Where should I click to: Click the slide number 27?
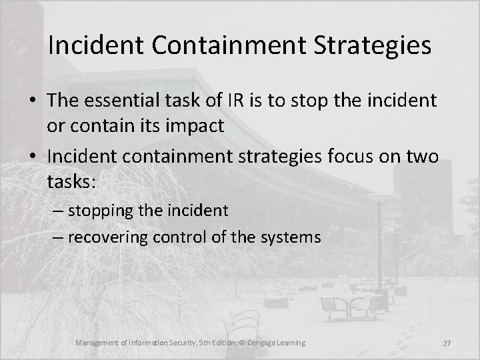pyautogui.click(x=447, y=343)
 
